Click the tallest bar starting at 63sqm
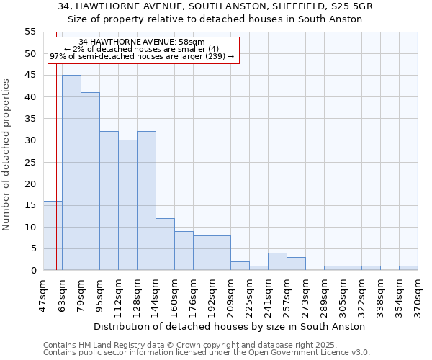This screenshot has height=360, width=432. tap(71, 173)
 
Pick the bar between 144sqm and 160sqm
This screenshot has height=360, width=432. tap(165, 244)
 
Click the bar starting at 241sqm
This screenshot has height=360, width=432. tap(277, 262)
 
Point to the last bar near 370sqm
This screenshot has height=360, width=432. tap(408, 268)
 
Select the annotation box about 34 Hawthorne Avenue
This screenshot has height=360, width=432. tap(143, 50)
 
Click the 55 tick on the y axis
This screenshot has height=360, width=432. tap(30, 32)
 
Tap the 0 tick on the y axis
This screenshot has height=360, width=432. tap(33, 271)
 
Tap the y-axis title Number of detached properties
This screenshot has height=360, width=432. tap(6, 154)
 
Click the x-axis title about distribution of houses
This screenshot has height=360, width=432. tap(230, 326)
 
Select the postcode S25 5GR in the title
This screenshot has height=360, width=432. tap(358, 6)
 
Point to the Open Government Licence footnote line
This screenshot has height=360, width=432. tap(207, 353)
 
